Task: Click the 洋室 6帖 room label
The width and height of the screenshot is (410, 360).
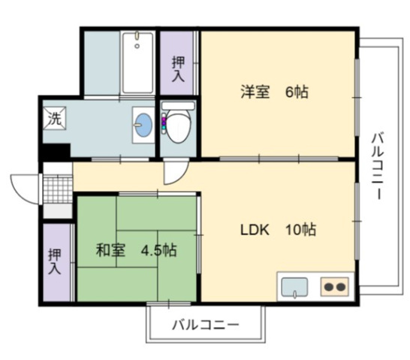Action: (274, 92)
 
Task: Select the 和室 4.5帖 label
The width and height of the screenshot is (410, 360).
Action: (136, 250)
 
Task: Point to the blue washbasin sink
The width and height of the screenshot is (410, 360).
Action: (142, 125)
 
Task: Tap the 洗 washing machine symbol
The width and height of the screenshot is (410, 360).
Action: (55, 118)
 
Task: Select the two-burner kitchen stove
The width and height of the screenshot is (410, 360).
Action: (335, 286)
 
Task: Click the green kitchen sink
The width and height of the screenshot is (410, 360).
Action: (295, 286)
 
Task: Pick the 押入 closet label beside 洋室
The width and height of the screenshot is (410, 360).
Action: (178, 68)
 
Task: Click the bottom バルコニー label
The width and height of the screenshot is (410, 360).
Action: (205, 326)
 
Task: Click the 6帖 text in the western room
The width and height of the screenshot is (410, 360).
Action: (296, 92)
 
